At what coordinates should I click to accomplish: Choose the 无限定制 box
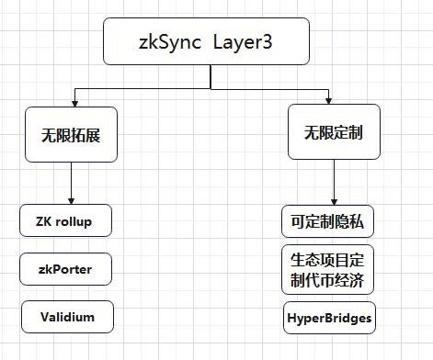pyautogui.click(x=333, y=132)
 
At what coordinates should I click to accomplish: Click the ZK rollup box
pyautogui.click(x=67, y=220)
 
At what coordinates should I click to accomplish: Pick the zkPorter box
pyautogui.click(x=67, y=269)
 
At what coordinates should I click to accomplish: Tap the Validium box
pyautogui.click(x=67, y=316)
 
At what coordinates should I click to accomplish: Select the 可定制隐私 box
pyautogui.click(x=328, y=221)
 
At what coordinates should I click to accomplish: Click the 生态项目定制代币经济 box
pyautogui.click(x=328, y=269)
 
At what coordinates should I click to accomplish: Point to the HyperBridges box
pyautogui.click(x=328, y=317)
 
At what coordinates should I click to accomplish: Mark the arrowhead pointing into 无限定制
pyautogui.click(x=328, y=100)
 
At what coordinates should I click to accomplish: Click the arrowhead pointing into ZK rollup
pyautogui.click(x=70, y=200)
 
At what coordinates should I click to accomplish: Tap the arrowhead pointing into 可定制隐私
pyautogui.click(x=333, y=200)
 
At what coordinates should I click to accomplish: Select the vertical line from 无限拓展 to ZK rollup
pyautogui.click(x=70, y=179)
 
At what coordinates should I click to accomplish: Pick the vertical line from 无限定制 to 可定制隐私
pyautogui.click(x=333, y=179)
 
